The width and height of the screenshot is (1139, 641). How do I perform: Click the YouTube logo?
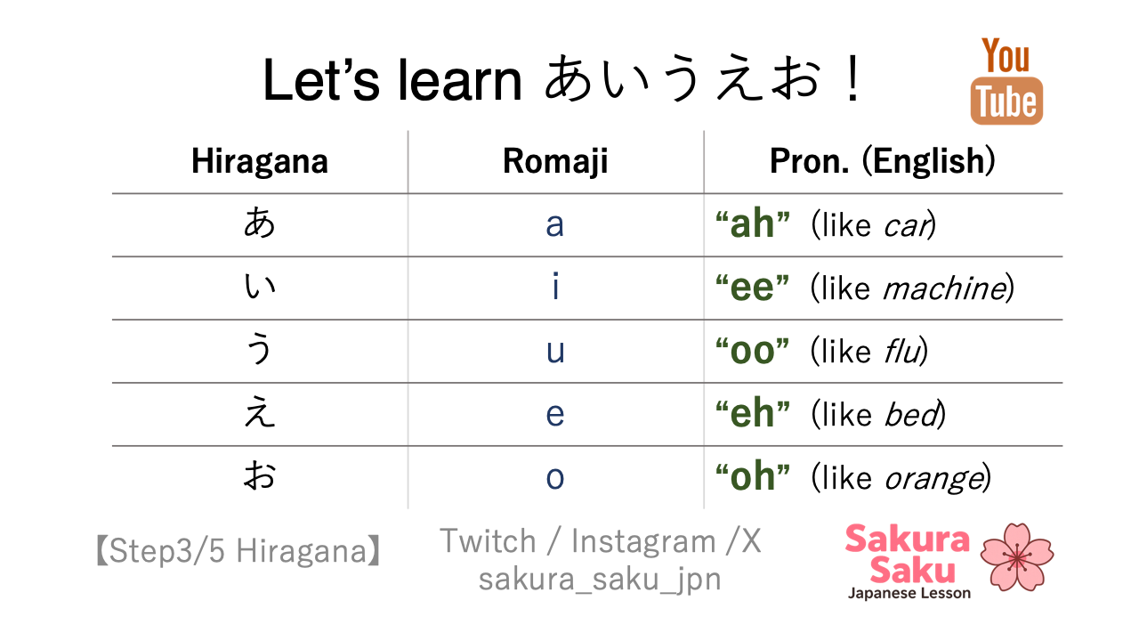1006,80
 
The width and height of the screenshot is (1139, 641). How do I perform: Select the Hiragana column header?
260,161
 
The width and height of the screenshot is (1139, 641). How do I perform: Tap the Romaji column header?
555,161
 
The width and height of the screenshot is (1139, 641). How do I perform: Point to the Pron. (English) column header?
883,161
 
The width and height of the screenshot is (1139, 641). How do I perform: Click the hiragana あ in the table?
260,223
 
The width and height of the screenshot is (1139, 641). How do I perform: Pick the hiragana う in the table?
259,348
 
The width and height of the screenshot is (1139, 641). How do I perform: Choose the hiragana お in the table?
260,475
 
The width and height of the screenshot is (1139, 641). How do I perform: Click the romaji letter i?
556,286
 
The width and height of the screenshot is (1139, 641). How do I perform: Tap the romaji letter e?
555,414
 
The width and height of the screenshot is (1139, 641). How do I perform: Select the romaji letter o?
555,477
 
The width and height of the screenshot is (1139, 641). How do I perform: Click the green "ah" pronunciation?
753,223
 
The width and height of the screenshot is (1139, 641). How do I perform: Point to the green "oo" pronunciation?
753,350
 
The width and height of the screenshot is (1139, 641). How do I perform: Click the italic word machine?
945,288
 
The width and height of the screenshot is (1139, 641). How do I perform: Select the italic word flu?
903,351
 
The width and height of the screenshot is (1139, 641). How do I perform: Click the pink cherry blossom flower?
1017,557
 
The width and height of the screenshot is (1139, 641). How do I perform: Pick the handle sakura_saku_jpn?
600,579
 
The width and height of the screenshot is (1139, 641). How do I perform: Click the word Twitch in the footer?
489,540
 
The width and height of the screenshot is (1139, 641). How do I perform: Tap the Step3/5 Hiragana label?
238,551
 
